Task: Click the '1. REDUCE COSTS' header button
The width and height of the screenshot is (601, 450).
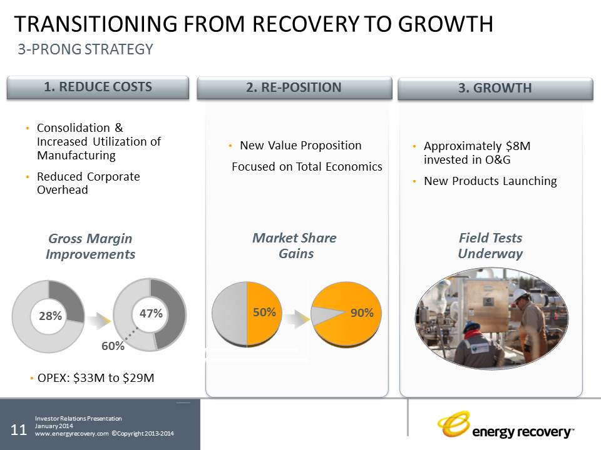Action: pyautogui.click(x=98, y=87)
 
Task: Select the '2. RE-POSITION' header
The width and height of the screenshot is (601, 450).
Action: pyautogui.click(x=294, y=87)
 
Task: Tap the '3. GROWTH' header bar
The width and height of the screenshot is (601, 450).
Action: pyautogui.click(x=495, y=88)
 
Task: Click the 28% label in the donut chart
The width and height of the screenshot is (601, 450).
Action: pyautogui.click(x=50, y=316)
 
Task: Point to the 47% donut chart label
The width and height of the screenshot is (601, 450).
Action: pyautogui.click(x=151, y=313)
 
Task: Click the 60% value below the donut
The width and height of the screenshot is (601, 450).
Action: pyautogui.click(x=113, y=345)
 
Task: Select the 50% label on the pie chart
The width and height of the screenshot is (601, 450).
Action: pyautogui.click(x=264, y=312)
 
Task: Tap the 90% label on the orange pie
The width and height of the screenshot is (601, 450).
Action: pyautogui.click(x=362, y=313)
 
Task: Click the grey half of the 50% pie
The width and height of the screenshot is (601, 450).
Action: pyautogui.click(x=230, y=312)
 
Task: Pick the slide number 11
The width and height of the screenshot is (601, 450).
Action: pyautogui.click(x=19, y=429)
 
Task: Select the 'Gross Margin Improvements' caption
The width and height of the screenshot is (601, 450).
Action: pyautogui.click(x=90, y=246)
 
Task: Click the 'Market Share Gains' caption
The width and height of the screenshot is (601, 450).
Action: pyautogui.click(x=294, y=246)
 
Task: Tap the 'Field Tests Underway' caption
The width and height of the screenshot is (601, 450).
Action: pyautogui.click(x=490, y=246)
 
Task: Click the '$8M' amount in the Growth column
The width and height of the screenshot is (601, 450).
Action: pyautogui.click(x=517, y=146)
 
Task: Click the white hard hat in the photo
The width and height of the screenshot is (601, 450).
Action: pyautogui.click(x=519, y=294)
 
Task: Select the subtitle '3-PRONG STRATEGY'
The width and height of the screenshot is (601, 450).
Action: pyautogui.click(x=85, y=49)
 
